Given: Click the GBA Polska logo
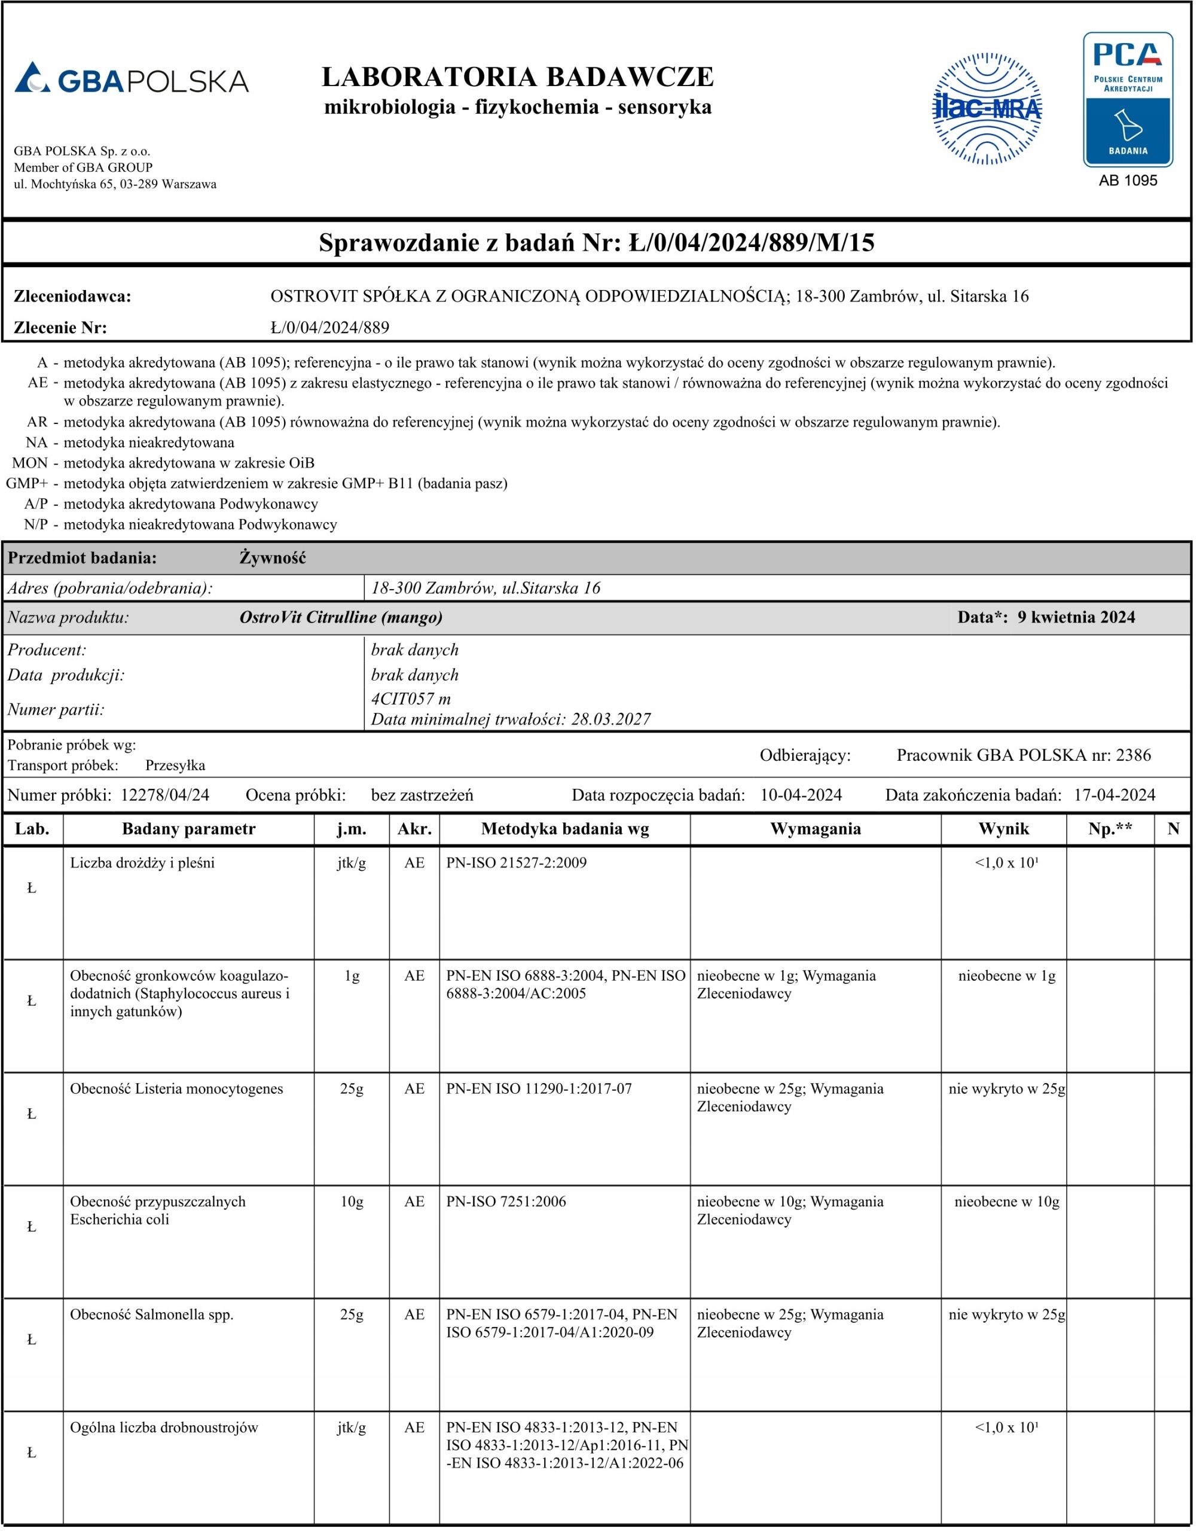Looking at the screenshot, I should pyautogui.click(x=132, y=80).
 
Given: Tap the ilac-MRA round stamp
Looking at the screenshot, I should pyautogui.click(x=987, y=108).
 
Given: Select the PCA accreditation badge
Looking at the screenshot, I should pyautogui.click(x=1128, y=99).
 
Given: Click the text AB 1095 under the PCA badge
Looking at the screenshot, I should pyautogui.click(x=1128, y=181).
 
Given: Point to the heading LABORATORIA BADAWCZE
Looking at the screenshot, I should pyautogui.click(x=518, y=77).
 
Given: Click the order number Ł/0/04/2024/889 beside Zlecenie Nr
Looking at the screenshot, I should pyautogui.click(x=329, y=327).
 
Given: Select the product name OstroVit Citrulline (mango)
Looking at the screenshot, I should pyautogui.click(x=341, y=617).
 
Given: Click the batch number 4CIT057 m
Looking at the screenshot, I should pyautogui.click(x=411, y=699).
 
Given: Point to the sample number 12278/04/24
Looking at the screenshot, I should pyautogui.click(x=165, y=795).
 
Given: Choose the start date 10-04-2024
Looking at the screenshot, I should pyautogui.click(x=801, y=795).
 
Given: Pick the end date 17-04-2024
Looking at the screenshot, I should pyautogui.click(x=1114, y=795).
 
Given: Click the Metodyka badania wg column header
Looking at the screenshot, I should pyautogui.click(x=565, y=828).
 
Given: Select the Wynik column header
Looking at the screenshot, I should pyautogui.click(x=1003, y=828).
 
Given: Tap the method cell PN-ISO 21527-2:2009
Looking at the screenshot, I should pyautogui.click(x=517, y=863).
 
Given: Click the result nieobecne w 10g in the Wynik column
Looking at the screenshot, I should pyautogui.click(x=1007, y=1201).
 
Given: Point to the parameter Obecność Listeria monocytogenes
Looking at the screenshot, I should pyautogui.click(x=176, y=1088).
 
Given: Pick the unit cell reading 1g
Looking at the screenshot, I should pyautogui.click(x=352, y=975).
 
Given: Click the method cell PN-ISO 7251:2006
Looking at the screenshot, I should pyautogui.click(x=506, y=1201).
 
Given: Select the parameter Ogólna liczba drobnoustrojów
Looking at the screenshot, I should pyautogui.click(x=164, y=1427).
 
